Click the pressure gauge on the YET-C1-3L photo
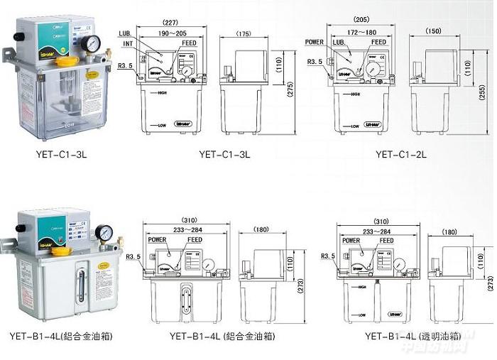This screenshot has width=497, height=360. click(90, 45)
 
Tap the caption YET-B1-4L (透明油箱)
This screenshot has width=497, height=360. click(408, 337)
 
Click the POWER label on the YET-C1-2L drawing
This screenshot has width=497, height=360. click(315, 42)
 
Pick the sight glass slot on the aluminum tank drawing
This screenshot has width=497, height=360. click(187, 298)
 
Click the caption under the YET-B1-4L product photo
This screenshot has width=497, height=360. click(61, 336)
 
